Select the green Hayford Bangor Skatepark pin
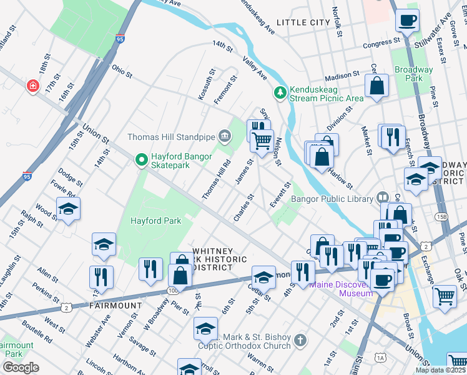(x=142, y=161)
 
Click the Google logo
(x=21, y=367)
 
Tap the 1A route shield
(x=380, y=357)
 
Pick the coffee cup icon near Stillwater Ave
(x=407, y=21)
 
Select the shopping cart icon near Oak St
(x=444, y=296)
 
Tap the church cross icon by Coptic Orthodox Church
(x=301, y=341)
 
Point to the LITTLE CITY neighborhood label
(x=303, y=22)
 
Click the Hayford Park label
(x=155, y=221)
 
